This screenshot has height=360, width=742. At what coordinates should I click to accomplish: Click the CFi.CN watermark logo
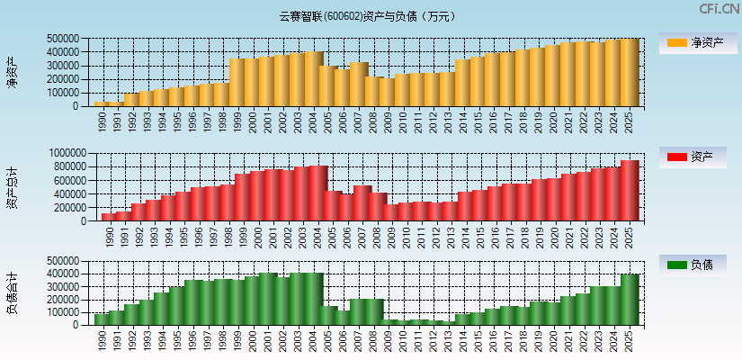point(720,9)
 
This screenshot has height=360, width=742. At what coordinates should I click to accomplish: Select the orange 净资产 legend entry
point(697,42)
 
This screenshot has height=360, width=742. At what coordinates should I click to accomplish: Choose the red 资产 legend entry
point(697,157)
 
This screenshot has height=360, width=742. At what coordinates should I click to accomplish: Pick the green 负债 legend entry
point(697,265)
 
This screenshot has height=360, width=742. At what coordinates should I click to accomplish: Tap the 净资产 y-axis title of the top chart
point(12,72)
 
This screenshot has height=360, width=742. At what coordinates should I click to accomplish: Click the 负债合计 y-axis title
point(12,293)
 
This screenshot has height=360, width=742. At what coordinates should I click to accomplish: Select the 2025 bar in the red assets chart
point(629,191)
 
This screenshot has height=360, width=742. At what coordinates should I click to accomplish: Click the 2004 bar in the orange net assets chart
point(313,79)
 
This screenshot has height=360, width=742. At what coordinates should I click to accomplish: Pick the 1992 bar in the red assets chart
point(138,212)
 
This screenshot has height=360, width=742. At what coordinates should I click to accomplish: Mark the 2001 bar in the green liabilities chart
point(268,299)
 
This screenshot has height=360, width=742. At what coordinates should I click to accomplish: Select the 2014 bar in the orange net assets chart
point(462,83)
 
